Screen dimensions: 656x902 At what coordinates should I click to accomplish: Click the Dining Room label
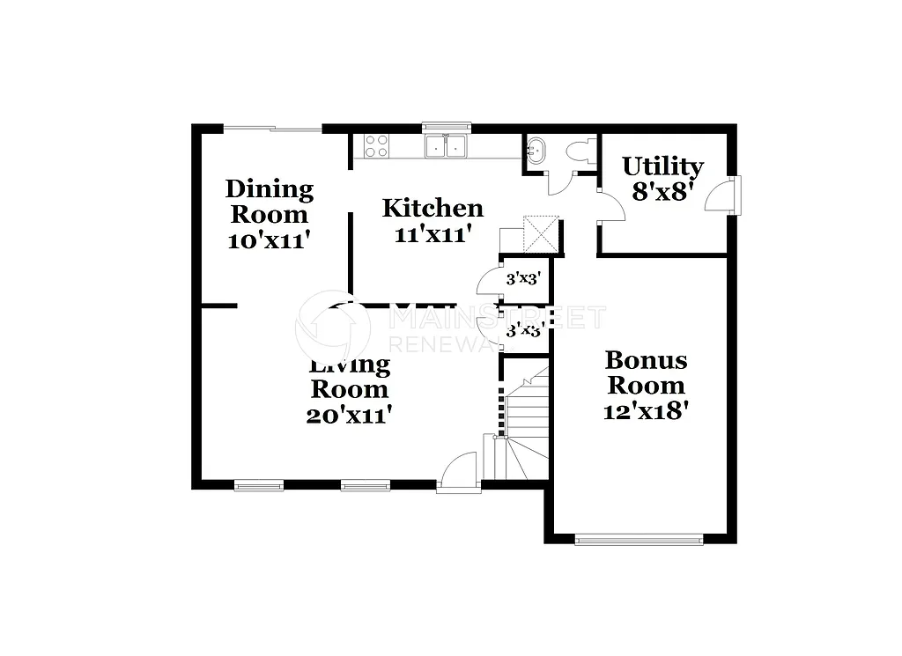tap(269, 202)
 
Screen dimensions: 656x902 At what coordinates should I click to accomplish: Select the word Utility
tap(662, 166)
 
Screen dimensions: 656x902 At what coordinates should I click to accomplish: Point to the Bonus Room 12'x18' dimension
tap(646, 411)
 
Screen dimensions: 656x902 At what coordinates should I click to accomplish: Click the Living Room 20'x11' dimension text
tap(348, 415)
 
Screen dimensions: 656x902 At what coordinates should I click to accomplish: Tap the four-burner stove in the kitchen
tap(376, 146)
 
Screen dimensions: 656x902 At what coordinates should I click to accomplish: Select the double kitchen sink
tap(445, 146)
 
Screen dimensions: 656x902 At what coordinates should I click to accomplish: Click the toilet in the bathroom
tap(580, 151)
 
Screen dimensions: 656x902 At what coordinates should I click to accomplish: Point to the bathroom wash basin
tap(536, 151)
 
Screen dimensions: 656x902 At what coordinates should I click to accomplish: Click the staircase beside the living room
tap(525, 423)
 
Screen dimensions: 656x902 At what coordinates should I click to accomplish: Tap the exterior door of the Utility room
tap(721, 195)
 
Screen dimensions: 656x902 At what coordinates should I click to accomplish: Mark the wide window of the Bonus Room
tap(639, 539)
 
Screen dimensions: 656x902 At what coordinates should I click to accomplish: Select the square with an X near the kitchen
tap(540, 232)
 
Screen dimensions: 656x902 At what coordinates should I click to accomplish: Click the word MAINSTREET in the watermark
tap(497, 317)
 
